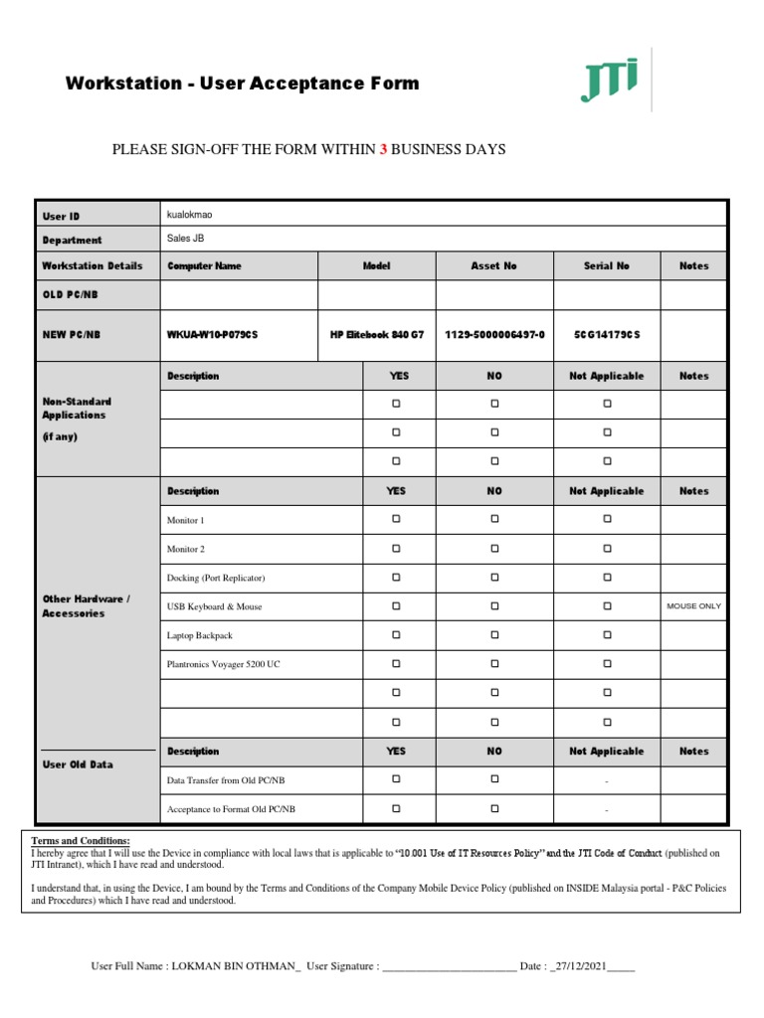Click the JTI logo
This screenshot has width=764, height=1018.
click(609, 81)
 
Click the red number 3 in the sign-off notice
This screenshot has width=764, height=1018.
click(383, 149)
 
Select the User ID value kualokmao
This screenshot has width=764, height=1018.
click(189, 214)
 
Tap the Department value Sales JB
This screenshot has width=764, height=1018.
click(185, 239)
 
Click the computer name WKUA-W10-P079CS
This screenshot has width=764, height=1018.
click(212, 335)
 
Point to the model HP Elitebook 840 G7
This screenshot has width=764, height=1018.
click(376, 335)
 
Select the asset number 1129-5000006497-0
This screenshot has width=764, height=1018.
click(493, 335)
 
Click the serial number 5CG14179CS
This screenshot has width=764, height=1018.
click(607, 335)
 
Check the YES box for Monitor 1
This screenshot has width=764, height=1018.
click(395, 519)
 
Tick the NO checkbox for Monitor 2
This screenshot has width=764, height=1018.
click(494, 548)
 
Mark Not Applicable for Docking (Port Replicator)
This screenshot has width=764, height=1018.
click(607, 577)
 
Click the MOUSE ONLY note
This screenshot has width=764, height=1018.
click(694, 605)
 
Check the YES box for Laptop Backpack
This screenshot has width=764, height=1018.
click(395, 634)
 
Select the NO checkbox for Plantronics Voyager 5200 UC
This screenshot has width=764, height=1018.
click(494, 663)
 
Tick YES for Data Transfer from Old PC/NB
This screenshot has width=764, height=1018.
click(395, 779)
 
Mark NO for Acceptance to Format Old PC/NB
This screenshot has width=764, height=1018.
click(494, 808)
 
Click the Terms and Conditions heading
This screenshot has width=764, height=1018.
click(81, 841)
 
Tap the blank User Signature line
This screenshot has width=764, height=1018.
click(449, 967)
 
